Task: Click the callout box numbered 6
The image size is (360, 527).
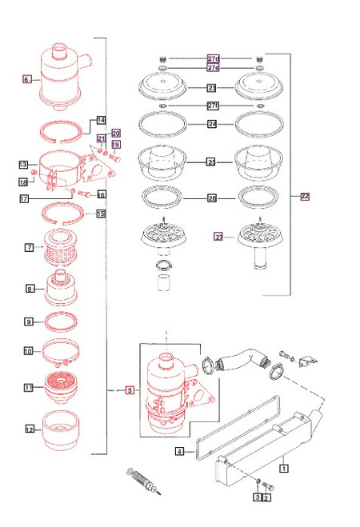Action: (26, 79)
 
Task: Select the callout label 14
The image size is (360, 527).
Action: (101, 120)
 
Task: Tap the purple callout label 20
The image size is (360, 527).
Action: (115, 133)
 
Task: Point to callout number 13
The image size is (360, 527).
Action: (23, 165)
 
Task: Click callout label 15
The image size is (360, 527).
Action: (101, 214)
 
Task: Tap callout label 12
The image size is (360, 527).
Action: (30, 429)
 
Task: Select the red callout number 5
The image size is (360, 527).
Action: (130, 390)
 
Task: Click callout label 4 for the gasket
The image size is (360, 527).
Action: (179, 453)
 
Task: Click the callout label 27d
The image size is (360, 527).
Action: (213, 59)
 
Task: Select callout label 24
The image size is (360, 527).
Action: (212, 124)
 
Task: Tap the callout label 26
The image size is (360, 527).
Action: (212, 198)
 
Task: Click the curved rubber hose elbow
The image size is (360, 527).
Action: (241, 360)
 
